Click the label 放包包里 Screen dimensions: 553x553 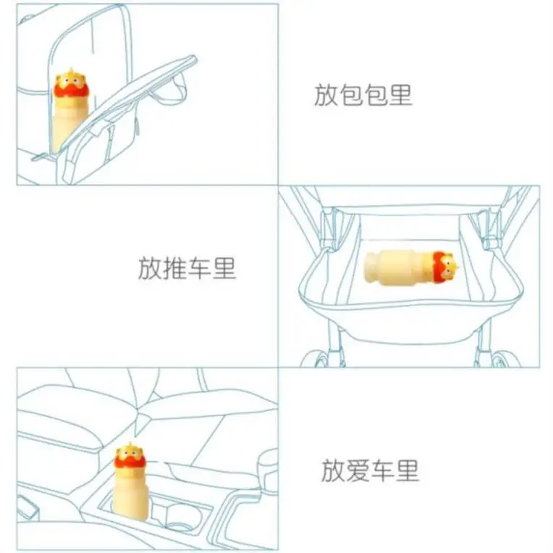click(363, 96)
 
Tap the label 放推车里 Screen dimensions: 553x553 click(187, 269)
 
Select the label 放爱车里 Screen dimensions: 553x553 click(370, 471)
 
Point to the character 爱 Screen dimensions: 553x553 click(358, 471)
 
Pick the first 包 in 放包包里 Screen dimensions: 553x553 click(350, 96)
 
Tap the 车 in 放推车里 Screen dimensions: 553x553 click(200, 269)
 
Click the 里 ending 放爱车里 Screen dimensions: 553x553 click(408, 471)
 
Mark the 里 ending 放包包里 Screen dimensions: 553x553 click(400, 96)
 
